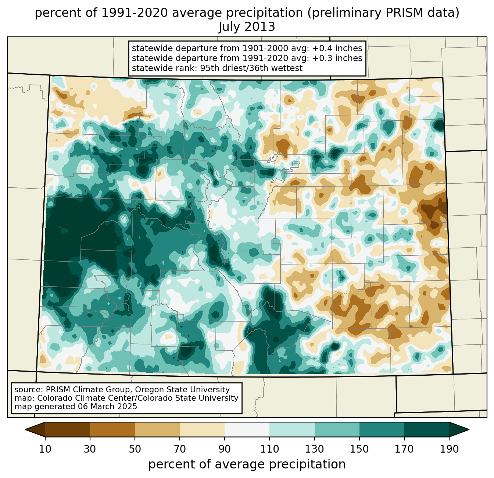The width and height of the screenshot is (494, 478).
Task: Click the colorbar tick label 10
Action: point(45,449)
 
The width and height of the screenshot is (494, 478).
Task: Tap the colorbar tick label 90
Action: point(225,449)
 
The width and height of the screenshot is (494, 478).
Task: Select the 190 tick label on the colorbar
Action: point(449,449)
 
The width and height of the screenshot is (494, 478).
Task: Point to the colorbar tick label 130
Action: point(315,449)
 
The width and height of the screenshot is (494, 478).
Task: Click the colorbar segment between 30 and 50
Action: point(112,429)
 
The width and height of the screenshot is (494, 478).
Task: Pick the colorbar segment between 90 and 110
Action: point(247,429)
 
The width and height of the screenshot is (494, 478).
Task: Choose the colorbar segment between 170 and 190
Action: point(426,429)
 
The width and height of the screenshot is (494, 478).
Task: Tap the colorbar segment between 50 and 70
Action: point(157,429)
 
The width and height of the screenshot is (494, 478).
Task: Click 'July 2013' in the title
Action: point(247,27)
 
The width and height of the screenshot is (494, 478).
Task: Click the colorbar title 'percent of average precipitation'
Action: point(247,464)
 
